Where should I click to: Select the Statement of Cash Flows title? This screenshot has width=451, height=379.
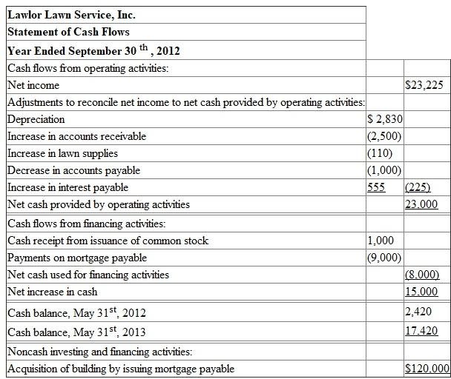[68, 32]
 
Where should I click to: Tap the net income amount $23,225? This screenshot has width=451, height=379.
[425, 85]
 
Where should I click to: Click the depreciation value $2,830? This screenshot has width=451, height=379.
[386, 119]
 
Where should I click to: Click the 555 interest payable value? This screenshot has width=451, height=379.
[377, 187]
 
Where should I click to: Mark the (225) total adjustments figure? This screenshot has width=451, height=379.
[418, 187]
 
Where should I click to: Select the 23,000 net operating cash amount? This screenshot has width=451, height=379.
[421, 204]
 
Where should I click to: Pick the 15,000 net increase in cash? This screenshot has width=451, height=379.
[421, 292]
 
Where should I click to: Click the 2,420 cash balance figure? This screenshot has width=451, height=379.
[418, 312]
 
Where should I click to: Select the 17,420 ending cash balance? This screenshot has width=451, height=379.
[421, 330]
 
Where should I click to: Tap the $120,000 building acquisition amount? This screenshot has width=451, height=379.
[427, 369]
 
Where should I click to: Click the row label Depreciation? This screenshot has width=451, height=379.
[36, 119]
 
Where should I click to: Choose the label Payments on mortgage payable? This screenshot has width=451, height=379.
[77, 258]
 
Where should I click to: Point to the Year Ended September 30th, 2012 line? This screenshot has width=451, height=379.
[93, 51]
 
